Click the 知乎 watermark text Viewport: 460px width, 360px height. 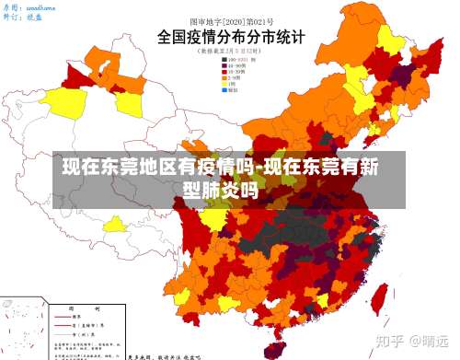pyautogui.click(x=385, y=340)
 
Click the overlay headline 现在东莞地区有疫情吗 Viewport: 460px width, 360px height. pyautogui.click(x=147, y=168)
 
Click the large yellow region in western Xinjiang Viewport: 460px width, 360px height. pyautogui.click(x=66, y=103)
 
